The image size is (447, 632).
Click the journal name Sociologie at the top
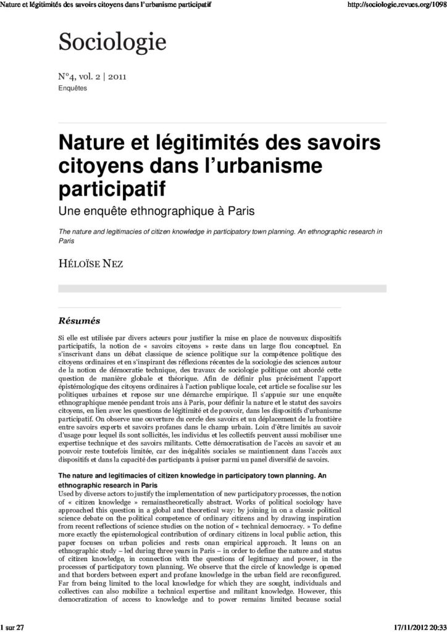tap(112, 43)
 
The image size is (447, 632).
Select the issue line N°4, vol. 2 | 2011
tap(93, 78)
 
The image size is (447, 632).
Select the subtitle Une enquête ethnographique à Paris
tap(156, 211)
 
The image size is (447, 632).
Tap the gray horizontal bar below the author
tap(222, 288)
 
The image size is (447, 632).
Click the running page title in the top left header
tap(106, 5)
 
